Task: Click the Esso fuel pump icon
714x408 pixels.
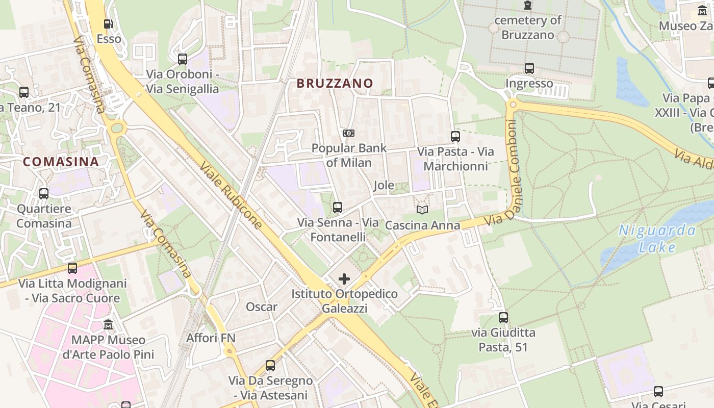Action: tap(108, 23)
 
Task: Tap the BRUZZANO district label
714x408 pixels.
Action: tap(335, 83)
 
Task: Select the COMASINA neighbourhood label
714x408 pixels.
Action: tap(61, 162)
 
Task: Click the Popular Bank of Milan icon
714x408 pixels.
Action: tap(349, 133)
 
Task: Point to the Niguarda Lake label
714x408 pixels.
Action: tap(657, 239)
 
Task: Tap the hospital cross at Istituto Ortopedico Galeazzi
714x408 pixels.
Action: tap(344, 279)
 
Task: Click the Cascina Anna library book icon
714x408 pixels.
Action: tap(422, 210)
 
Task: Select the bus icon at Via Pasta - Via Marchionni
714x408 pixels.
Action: tap(455, 137)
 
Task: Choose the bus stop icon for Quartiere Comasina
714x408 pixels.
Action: tap(44, 194)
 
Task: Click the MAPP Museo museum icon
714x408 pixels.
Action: tap(108, 324)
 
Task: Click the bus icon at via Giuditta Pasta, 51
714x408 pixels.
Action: tap(503, 318)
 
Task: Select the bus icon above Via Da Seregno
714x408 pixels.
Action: tap(270, 366)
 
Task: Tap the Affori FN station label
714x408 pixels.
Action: tap(211, 338)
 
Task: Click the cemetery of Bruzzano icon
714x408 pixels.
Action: tap(528, 6)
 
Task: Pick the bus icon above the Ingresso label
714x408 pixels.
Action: tap(529, 68)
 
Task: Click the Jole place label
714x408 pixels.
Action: tap(384, 185)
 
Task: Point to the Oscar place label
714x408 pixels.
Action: tap(262, 307)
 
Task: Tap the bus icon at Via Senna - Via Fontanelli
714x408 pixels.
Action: tap(338, 208)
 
